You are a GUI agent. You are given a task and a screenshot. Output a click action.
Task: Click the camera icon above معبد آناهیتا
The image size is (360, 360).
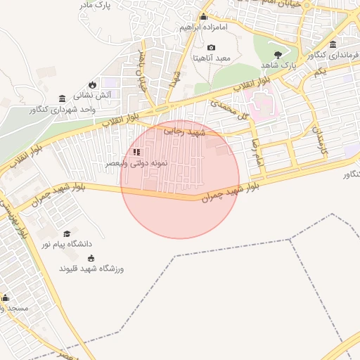(x=211, y=47)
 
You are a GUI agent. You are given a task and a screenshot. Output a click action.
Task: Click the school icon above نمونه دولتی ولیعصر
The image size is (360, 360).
(x=136, y=151)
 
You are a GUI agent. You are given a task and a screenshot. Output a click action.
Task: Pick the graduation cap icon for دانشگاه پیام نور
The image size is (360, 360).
(x=67, y=233)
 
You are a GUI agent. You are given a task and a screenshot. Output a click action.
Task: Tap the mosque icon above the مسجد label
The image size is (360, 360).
(x=5, y=298)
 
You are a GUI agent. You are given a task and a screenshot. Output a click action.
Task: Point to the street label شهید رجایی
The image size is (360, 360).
(x=184, y=130)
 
